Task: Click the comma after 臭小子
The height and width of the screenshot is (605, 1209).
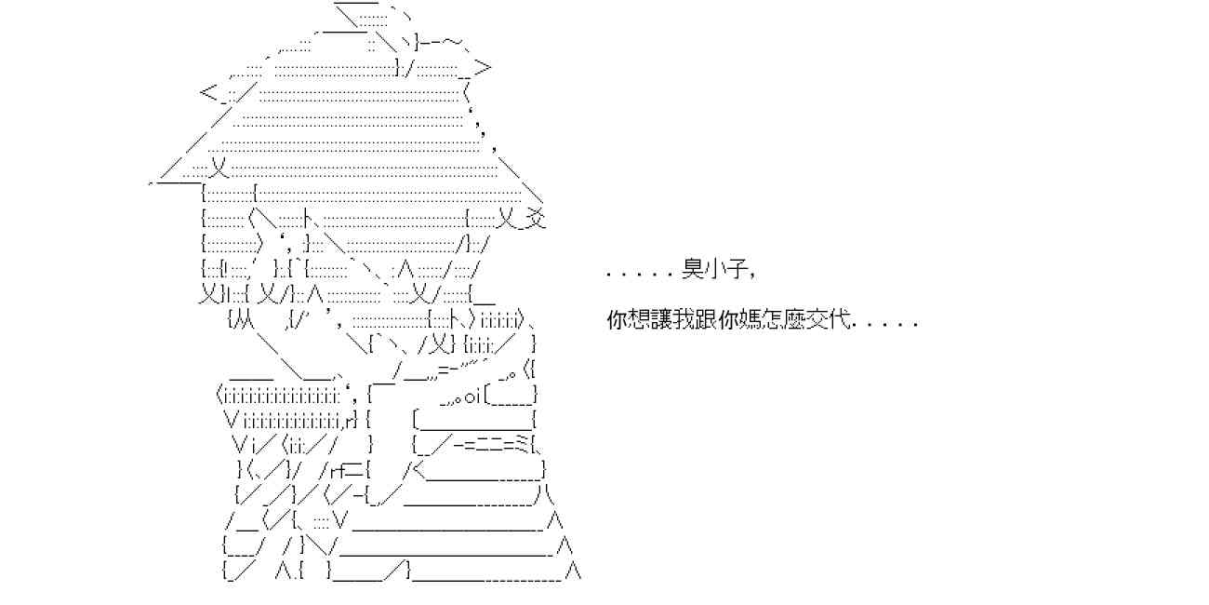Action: point(747,276)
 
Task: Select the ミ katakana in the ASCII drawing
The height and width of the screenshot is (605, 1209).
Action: point(524,443)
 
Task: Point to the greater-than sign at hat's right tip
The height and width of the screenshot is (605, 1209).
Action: point(483,66)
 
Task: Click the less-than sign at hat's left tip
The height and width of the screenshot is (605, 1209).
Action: point(208,92)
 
